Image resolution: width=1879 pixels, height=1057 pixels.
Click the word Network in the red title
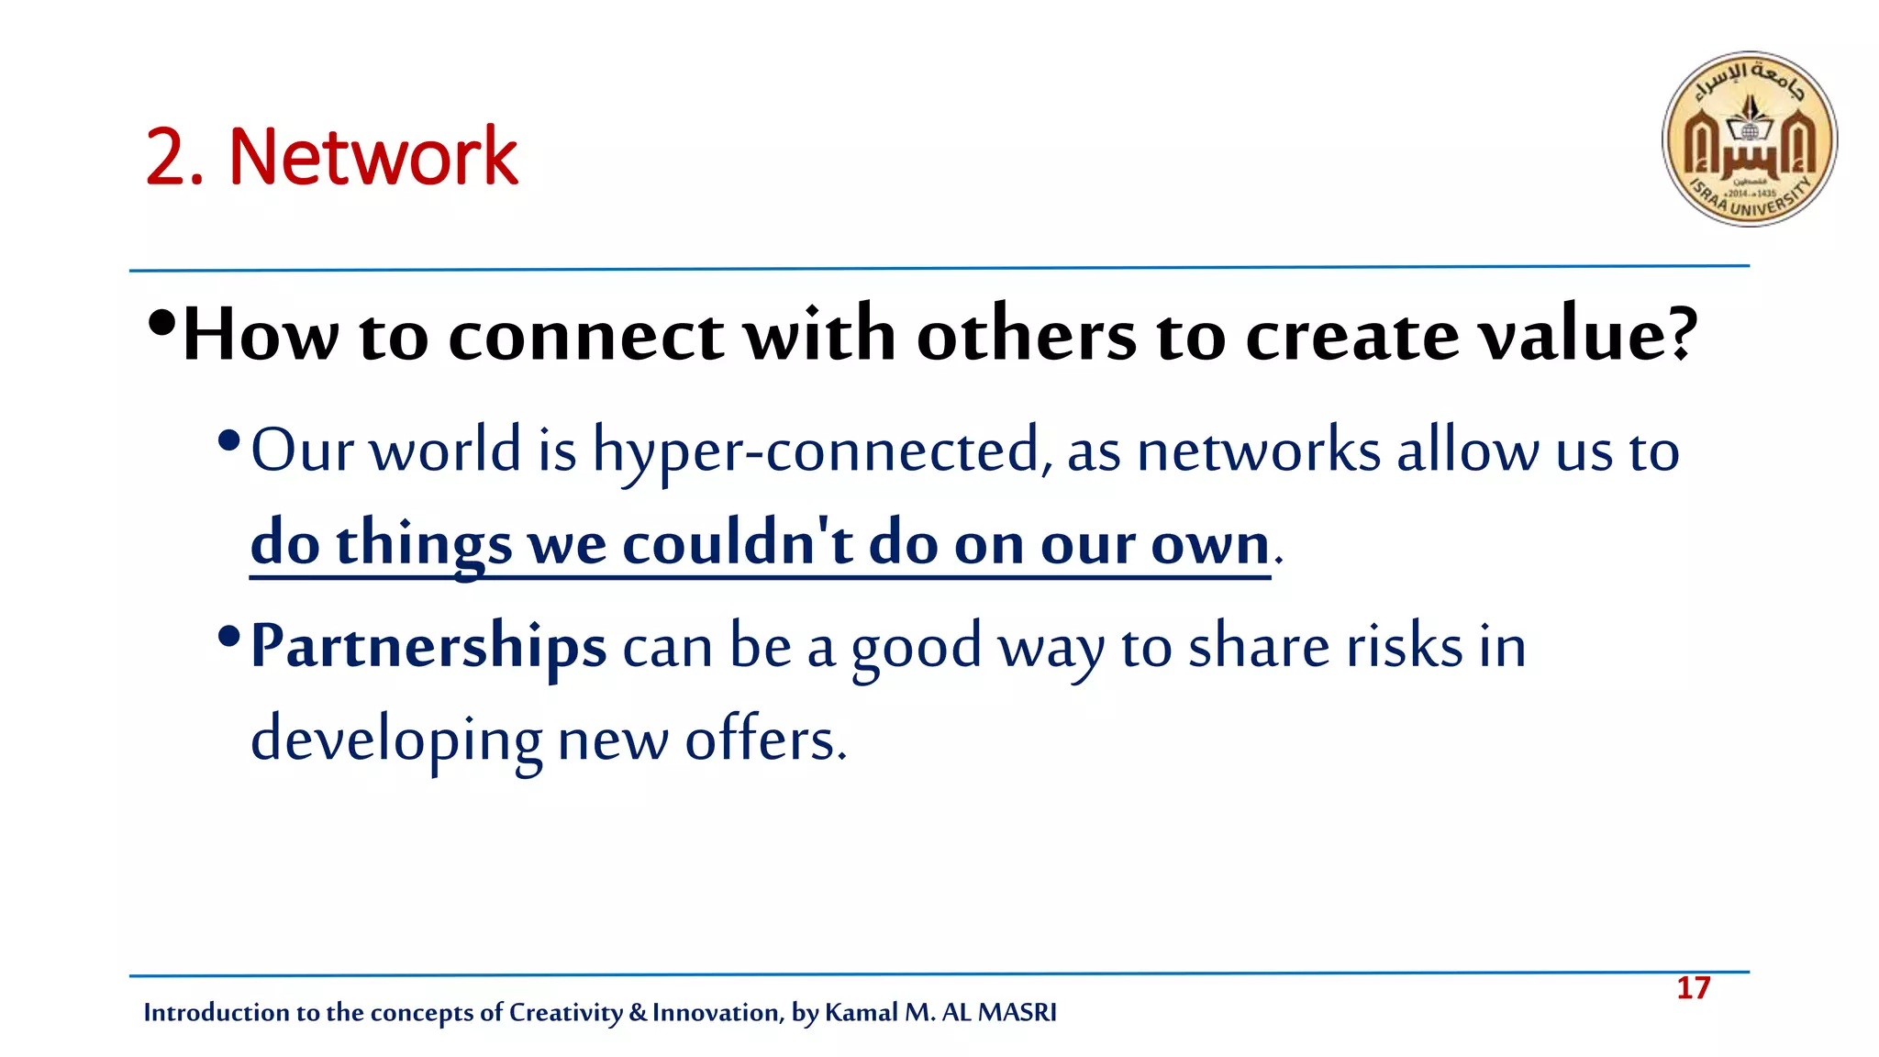372,157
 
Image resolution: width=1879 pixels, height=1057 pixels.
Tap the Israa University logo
1749,139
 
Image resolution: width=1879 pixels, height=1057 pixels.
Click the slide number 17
1693,988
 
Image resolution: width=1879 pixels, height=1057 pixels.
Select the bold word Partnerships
428,646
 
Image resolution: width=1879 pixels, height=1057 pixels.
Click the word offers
765,740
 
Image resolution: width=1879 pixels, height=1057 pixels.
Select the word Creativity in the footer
565,1012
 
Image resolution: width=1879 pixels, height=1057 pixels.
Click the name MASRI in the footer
1017,1012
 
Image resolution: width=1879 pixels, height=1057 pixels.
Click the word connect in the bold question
585,335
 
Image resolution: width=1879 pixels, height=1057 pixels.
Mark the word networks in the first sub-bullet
1259,451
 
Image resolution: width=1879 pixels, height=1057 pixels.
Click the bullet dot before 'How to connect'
161,323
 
